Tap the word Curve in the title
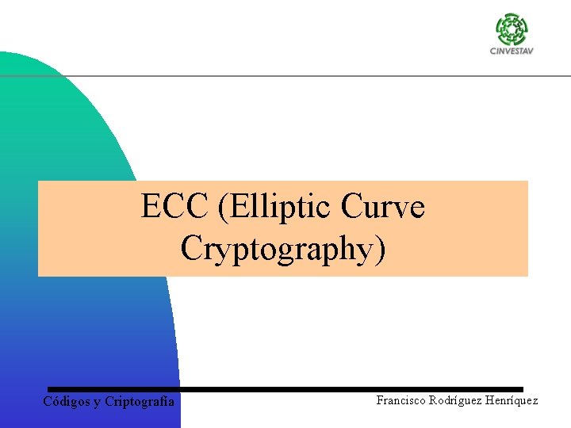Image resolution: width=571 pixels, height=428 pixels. pos(383,208)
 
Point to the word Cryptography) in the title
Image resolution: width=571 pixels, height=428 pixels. pos(283,248)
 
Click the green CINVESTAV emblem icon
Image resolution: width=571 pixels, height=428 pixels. pos(511,29)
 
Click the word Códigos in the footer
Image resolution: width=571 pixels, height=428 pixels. pos(67,402)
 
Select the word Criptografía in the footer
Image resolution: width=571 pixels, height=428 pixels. pos(140,402)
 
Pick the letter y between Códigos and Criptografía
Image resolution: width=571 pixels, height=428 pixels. pos(98,403)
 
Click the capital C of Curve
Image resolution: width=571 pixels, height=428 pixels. pos(352,208)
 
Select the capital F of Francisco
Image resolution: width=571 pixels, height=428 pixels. pos(380,400)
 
